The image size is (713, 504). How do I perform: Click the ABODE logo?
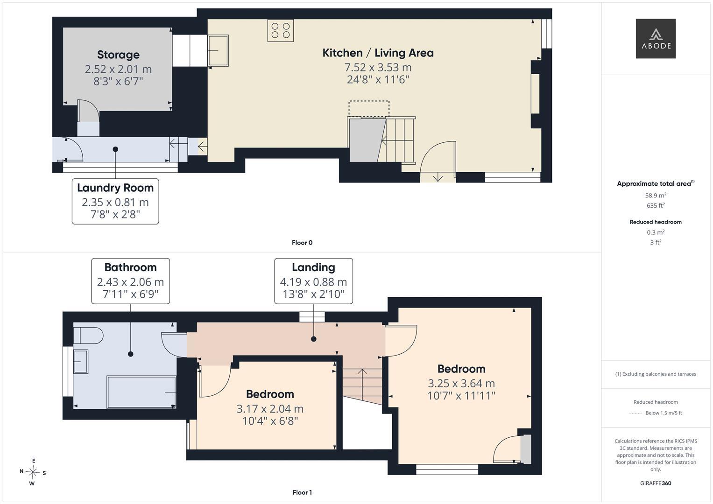656,38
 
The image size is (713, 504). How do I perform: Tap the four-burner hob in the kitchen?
281,30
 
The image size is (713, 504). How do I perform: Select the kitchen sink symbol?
218,50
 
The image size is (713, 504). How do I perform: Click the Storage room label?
119,55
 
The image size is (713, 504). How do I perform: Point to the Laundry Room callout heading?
115,188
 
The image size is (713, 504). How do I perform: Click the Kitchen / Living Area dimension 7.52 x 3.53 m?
378,68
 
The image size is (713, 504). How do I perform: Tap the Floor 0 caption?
302,243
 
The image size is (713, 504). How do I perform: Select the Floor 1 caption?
302,492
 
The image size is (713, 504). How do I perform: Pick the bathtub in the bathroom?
141,392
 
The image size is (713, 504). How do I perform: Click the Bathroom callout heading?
130,267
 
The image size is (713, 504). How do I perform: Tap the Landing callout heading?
313,267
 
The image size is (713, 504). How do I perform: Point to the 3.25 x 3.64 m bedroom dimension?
461,384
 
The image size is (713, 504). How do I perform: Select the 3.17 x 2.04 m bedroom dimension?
270,409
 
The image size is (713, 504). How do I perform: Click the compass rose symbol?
33,472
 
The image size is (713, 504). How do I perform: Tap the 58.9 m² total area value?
656,196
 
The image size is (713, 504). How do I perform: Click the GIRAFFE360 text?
656,483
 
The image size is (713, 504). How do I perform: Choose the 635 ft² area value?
656,205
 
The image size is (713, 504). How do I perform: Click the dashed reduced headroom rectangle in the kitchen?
369,109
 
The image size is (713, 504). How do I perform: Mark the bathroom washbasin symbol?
81,362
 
